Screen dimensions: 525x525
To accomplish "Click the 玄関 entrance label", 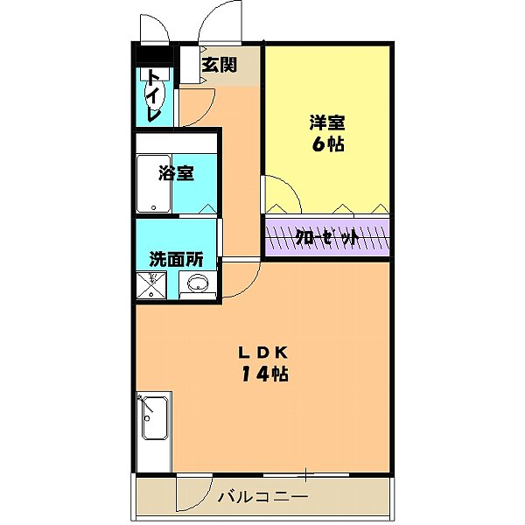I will pos(219,65).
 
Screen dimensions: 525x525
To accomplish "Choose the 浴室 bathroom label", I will pos(176,172).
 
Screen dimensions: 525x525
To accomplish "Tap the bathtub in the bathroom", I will pos(154,183).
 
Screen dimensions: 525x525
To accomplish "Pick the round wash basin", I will pos(199,283).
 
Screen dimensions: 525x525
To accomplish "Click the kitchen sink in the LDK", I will pos(154,411).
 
